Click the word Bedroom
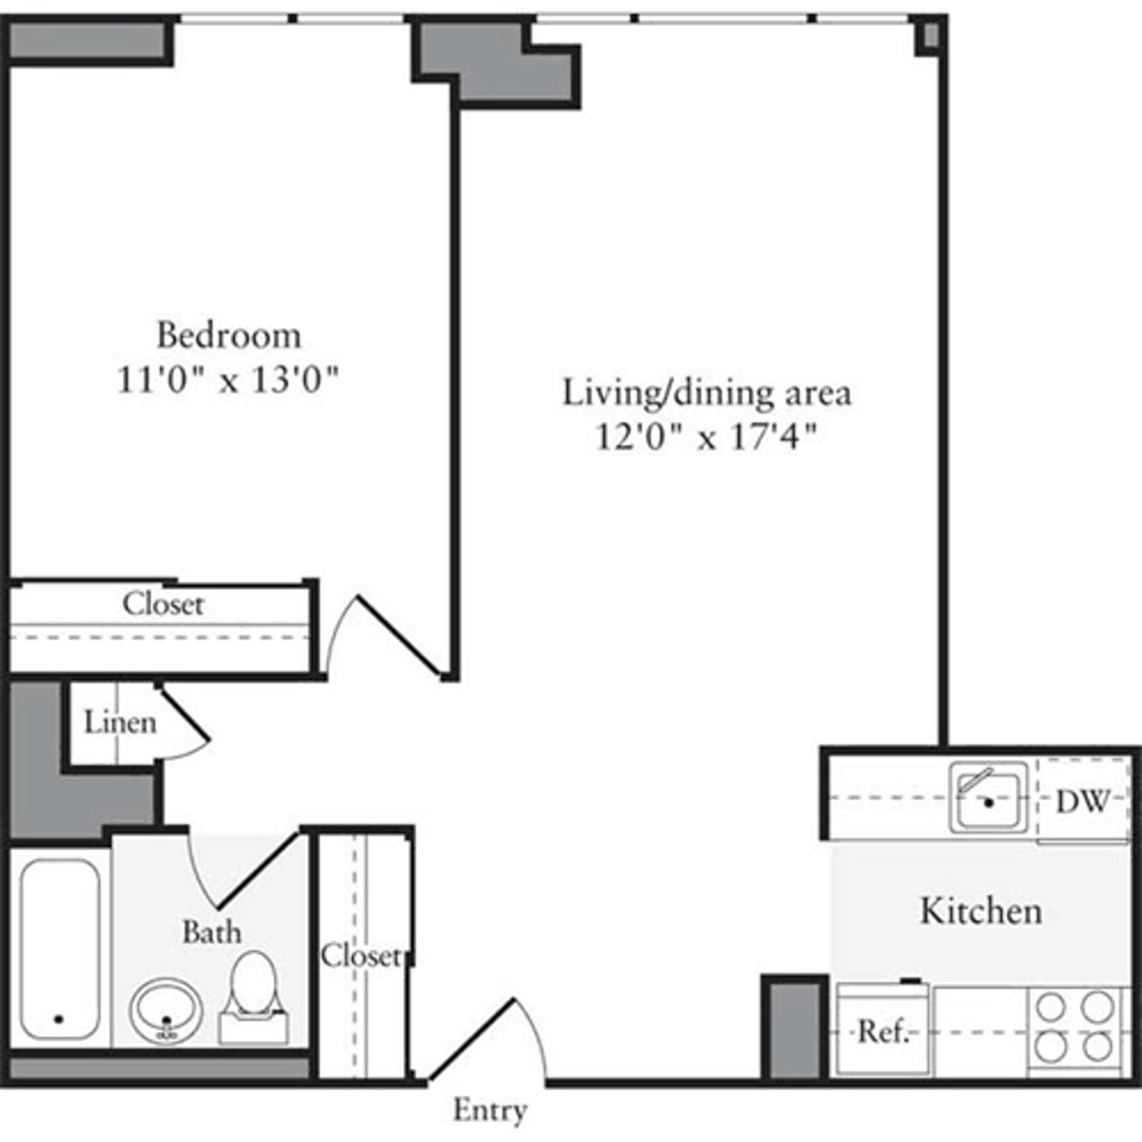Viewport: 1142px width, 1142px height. pyautogui.click(x=228, y=335)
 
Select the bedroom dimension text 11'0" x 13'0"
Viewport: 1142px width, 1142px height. pyautogui.click(x=228, y=381)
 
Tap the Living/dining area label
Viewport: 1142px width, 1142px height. pyautogui.click(x=706, y=392)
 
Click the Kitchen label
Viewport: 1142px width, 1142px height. pyautogui.click(x=980, y=911)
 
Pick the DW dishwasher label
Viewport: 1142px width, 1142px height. pyautogui.click(x=1082, y=801)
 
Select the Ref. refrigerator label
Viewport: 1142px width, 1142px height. pyautogui.click(x=881, y=1032)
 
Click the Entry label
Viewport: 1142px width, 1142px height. pyautogui.click(x=490, y=1110)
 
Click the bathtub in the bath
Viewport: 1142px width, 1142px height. pyautogui.click(x=59, y=950)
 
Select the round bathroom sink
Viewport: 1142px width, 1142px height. pyautogui.click(x=166, y=1013)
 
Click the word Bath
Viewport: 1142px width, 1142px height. pyautogui.click(x=211, y=932)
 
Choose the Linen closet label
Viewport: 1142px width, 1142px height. pyautogui.click(x=120, y=722)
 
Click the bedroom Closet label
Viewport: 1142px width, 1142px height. pyautogui.click(x=163, y=603)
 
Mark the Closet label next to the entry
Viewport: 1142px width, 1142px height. pyautogui.click(x=360, y=955)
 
